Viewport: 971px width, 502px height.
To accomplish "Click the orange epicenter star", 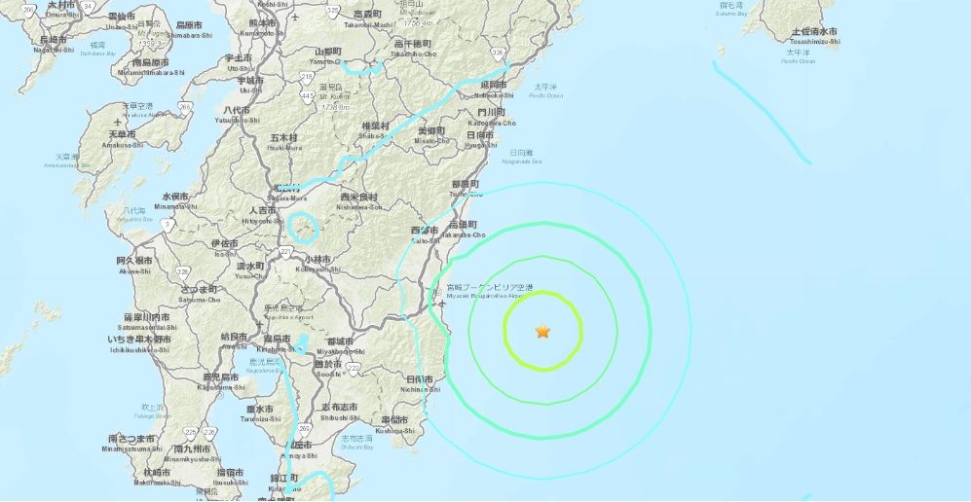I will coord(542,332).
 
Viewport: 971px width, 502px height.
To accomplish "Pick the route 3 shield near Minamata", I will coord(168,226).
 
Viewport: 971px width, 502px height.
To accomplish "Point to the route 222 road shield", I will coord(354,367).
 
